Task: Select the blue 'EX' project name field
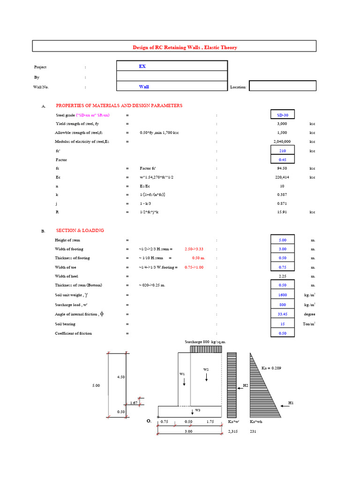point(171,66)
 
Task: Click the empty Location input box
point(282,86)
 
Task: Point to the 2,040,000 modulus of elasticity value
point(282,141)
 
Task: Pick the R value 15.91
point(282,212)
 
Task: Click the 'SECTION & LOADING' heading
point(80,231)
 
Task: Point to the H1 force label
point(291,403)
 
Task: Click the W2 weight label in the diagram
point(206,369)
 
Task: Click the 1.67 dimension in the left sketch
point(133,403)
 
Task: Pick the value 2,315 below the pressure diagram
point(232,431)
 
